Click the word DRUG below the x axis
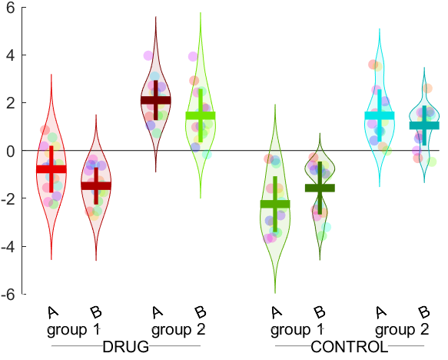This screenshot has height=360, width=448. coord(125,346)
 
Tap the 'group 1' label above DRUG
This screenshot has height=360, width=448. coord(74,330)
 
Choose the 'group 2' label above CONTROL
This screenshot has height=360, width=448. coord(402,330)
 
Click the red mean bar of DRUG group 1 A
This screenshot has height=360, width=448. coord(51,168)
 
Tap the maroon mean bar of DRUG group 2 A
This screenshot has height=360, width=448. coord(156,100)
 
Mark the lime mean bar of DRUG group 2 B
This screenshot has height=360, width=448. coord(201,115)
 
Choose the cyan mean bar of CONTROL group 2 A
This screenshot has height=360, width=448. coord(379,115)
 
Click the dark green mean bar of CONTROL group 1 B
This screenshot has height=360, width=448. coord(320,188)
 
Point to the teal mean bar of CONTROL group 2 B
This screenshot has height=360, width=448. coord(423,125)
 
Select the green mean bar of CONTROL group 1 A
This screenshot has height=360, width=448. coord(275,204)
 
